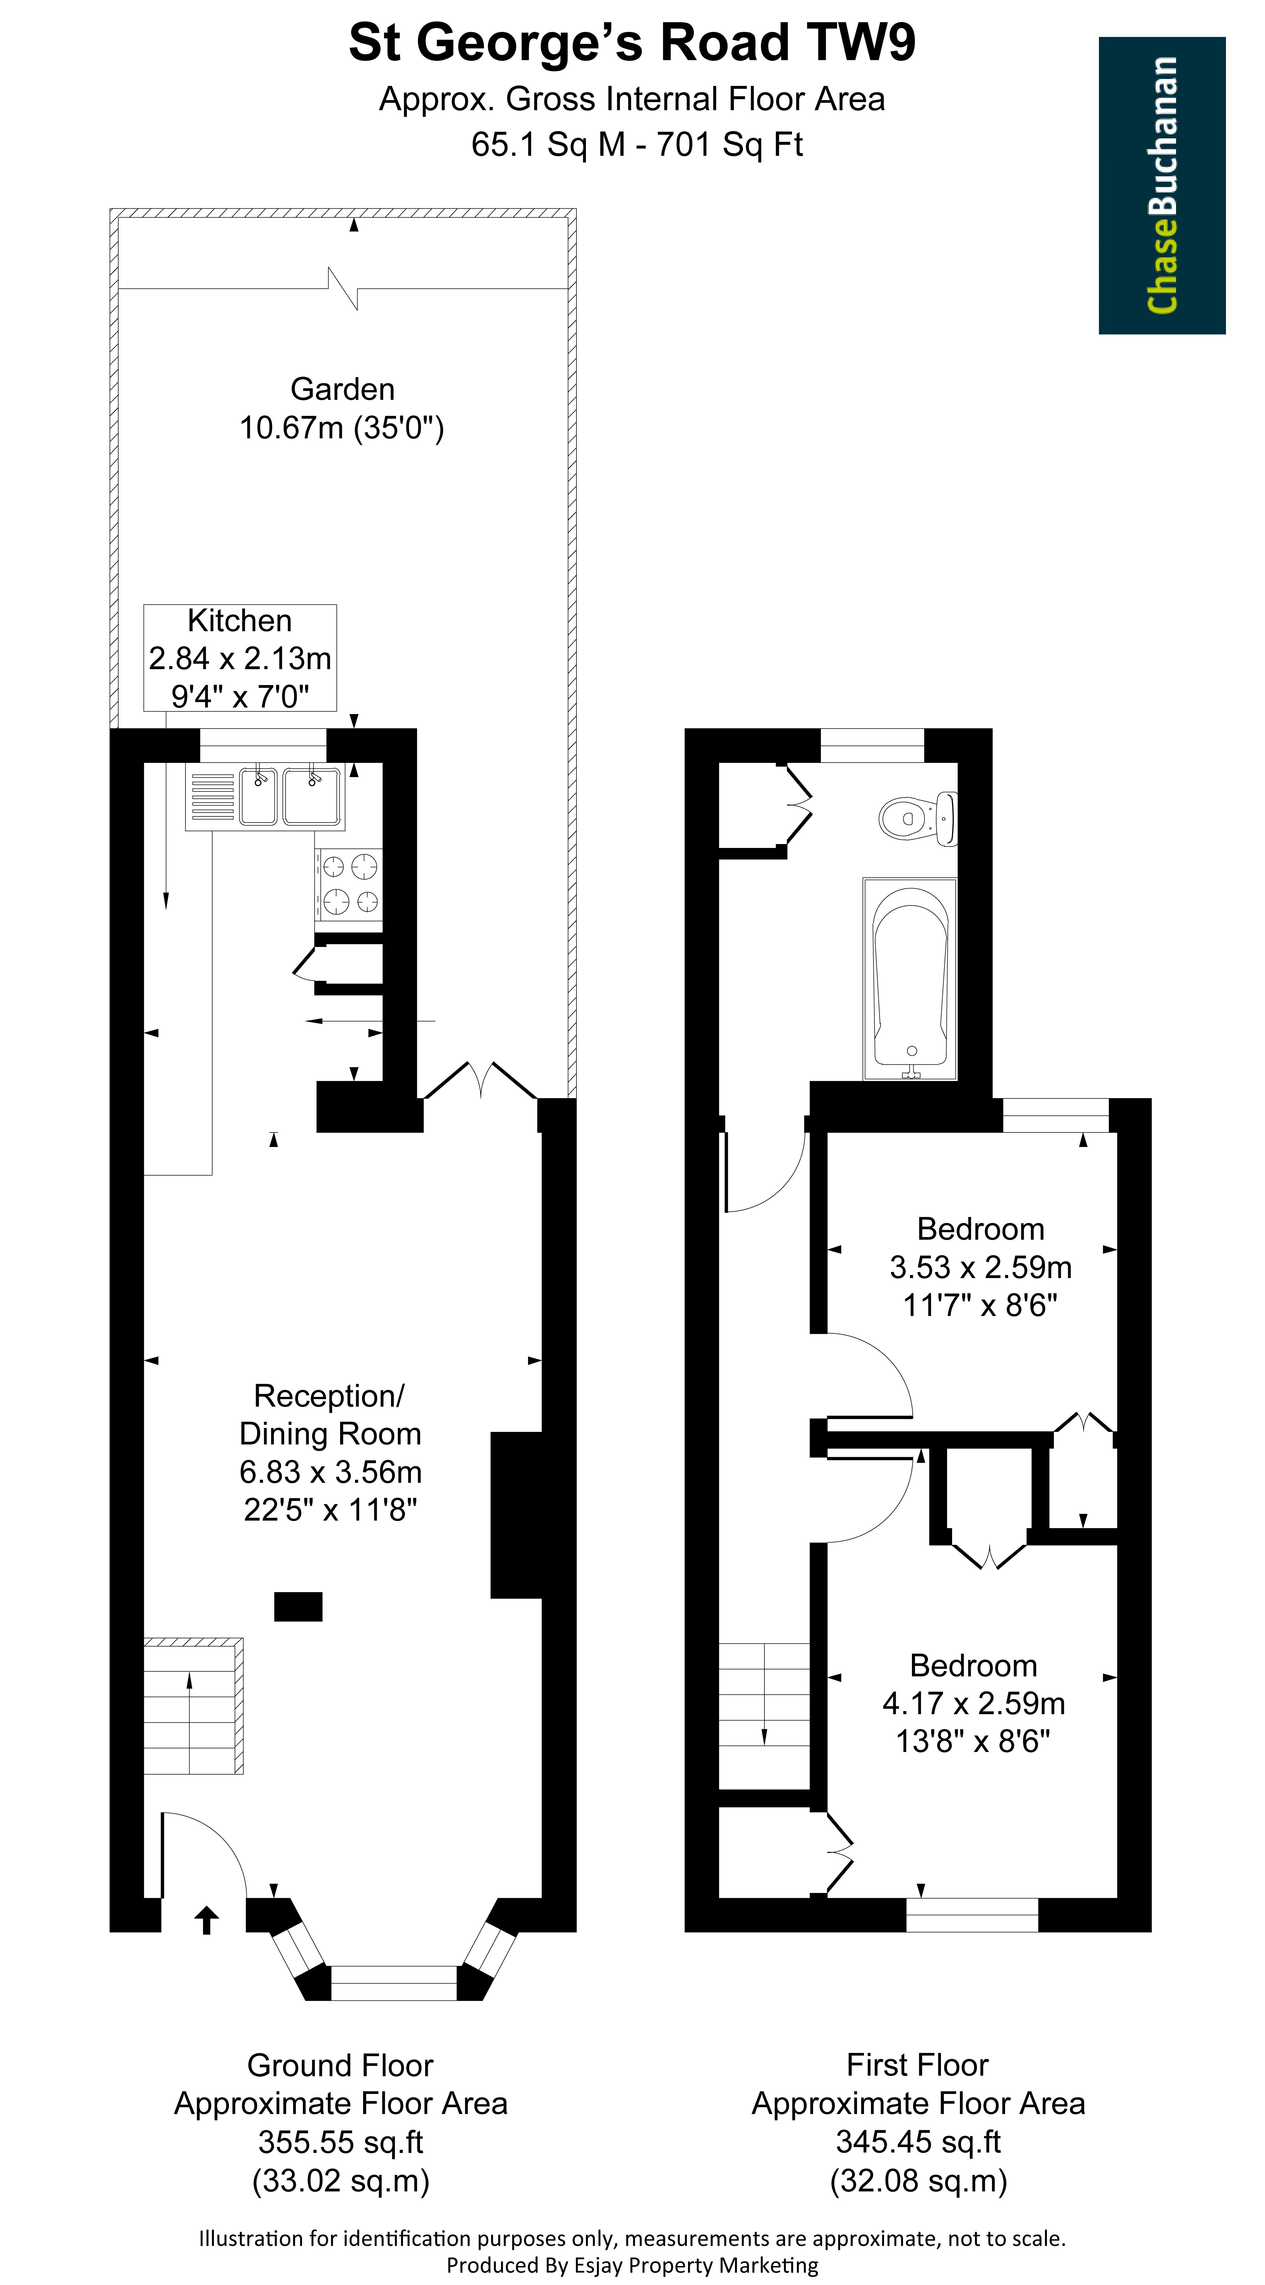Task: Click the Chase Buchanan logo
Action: click(1162, 185)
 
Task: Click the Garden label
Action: click(342, 389)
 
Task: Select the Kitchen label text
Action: click(240, 621)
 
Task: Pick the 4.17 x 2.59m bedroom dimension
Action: click(973, 1703)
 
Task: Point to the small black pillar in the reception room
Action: click(298, 1606)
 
